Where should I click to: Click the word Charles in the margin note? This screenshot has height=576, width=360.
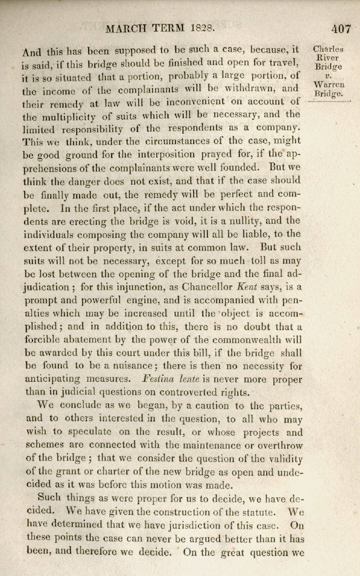[x=328, y=50]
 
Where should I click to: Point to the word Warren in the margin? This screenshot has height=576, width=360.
[x=329, y=85]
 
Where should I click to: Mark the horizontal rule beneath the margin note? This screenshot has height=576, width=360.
[x=329, y=102]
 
